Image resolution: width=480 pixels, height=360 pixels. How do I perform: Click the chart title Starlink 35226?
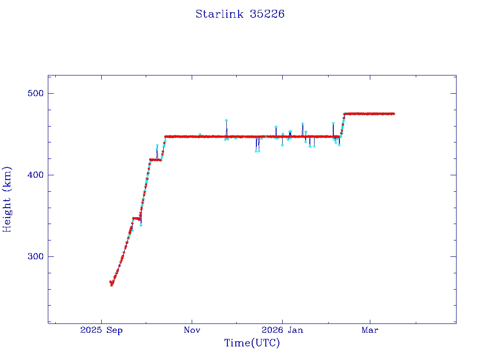coord(240,14)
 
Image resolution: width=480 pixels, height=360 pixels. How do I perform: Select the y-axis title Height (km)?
coord(7,199)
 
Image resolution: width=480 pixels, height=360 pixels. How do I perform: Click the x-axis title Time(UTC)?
coord(252,343)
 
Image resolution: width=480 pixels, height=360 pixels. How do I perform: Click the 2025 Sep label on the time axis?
coord(101,330)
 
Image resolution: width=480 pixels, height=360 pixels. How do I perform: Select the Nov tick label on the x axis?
coord(192,330)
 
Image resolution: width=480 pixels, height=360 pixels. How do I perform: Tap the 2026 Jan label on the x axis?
coord(282,330)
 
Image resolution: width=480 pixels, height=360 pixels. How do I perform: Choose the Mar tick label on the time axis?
coord(370,330)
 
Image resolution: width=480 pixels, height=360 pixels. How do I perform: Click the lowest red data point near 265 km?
coord(112,285)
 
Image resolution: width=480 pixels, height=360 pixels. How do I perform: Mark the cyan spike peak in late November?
coord(226,120)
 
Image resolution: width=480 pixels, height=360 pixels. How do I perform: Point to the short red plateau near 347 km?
coord(136,218)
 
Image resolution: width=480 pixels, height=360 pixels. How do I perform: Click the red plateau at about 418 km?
coord(155,160)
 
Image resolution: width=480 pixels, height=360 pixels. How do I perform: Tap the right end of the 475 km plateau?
coord(394,113)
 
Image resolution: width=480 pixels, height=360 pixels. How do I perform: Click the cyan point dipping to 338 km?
coord(141,225)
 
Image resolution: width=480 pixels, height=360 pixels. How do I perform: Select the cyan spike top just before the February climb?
coord(333,123)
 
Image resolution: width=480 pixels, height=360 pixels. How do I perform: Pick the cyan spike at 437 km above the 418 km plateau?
coord(157,145)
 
